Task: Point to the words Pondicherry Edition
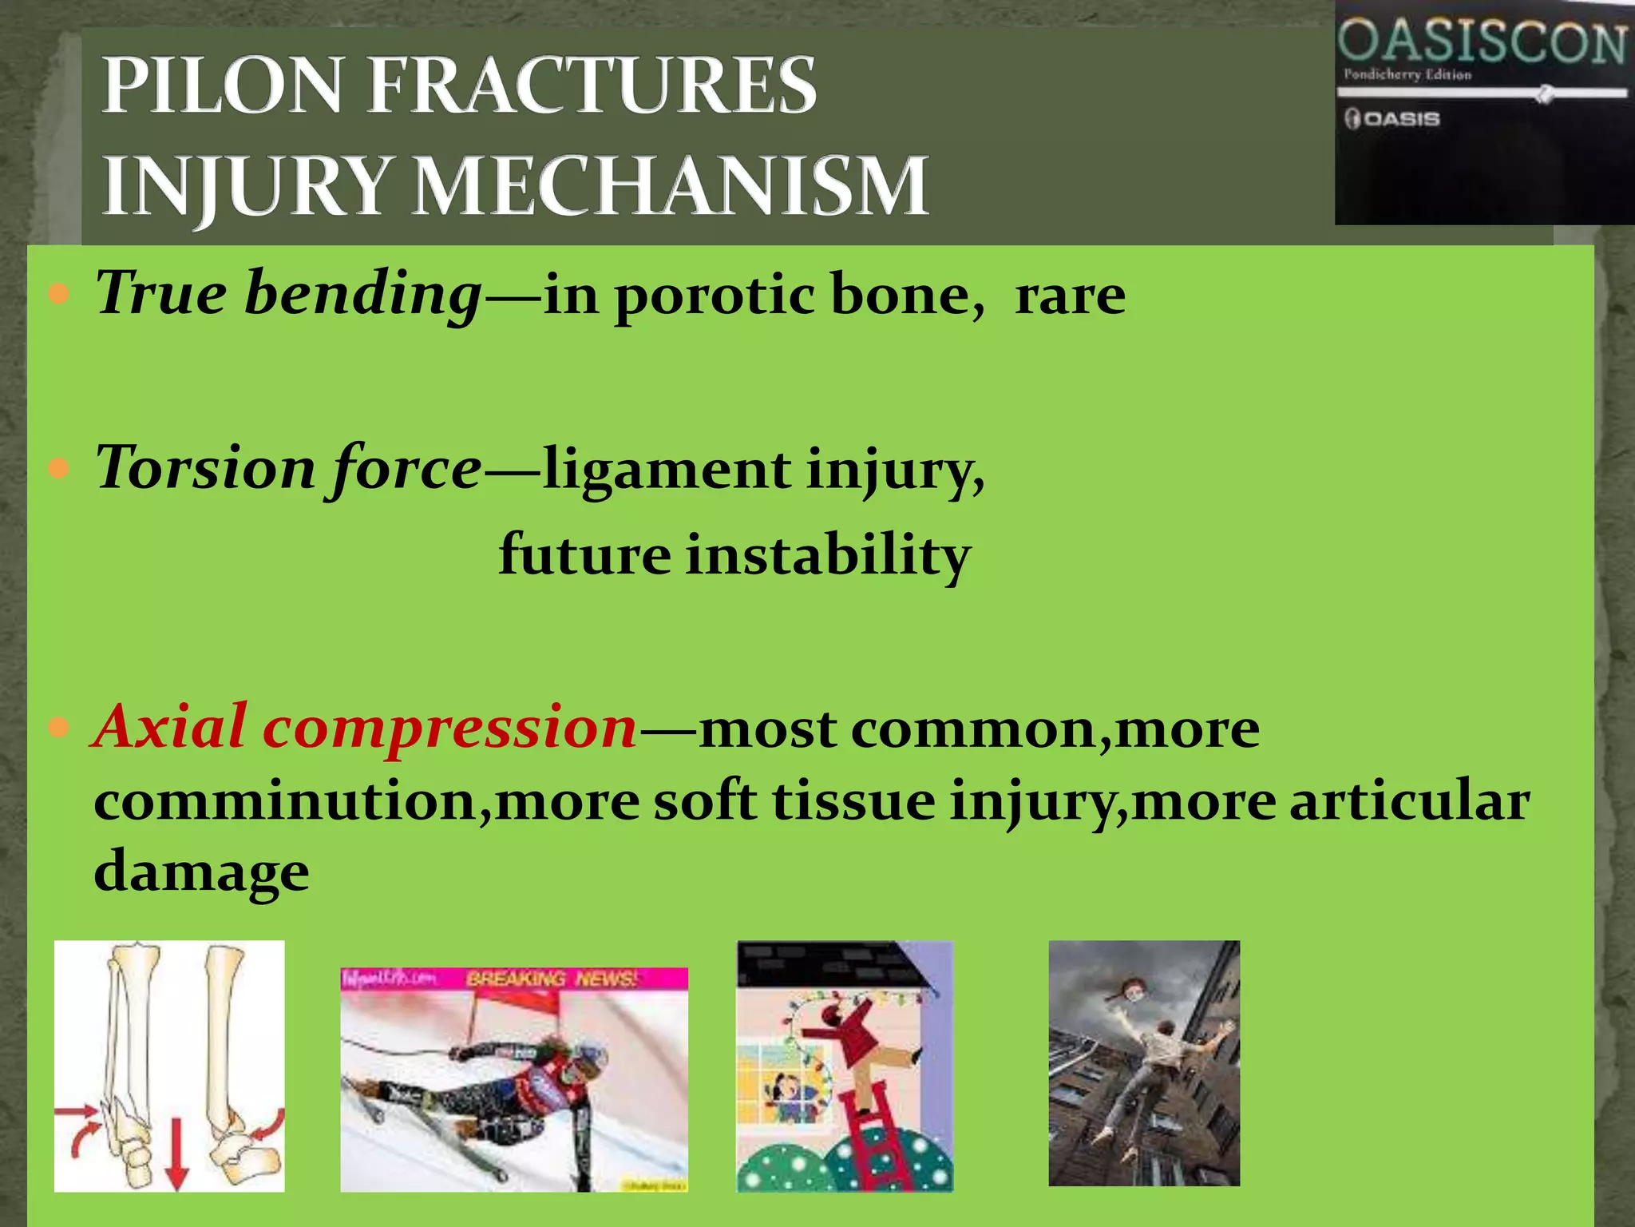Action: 1407,75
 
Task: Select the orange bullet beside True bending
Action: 59,294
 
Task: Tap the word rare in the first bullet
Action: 1070,296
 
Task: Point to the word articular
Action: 1409,801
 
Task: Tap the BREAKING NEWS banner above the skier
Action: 551,979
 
